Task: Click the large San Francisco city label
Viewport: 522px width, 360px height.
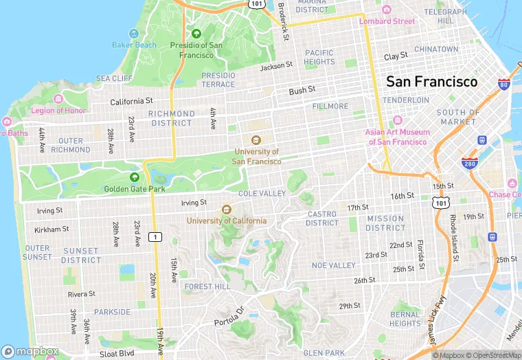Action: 431,82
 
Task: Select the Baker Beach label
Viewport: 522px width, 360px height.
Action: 134,45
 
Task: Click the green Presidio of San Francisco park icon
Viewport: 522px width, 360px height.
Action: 196,33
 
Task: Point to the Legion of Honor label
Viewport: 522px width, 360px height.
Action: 58,111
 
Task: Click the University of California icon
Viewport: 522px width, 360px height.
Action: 226,210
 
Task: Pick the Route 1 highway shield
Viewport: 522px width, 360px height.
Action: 157,237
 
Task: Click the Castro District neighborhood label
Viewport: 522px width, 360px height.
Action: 321,218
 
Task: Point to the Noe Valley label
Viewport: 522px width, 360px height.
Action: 333,265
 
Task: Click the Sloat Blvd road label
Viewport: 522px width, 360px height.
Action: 117,353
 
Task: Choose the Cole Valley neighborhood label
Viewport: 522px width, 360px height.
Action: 262,194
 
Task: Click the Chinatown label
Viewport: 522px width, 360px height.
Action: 436,49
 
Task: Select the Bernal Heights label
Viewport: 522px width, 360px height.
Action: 405,319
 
